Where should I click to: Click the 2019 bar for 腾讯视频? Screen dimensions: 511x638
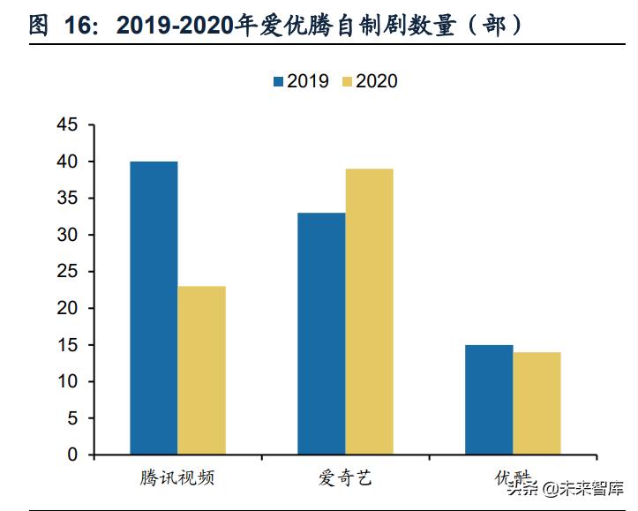point(154,308)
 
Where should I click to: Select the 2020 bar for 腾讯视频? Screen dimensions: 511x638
point(201,371)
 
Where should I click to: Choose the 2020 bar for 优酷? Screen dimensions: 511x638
point(537,403)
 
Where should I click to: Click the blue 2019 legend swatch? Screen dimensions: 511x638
point(278,81)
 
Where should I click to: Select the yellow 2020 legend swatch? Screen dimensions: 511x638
point(346,81)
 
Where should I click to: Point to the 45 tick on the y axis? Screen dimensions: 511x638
point(67,125)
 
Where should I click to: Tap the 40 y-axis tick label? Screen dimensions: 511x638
point(67,162)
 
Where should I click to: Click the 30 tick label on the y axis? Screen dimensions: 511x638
point(67,236)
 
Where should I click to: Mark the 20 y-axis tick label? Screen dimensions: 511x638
point(67,309)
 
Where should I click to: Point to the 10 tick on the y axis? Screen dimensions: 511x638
point(67,382)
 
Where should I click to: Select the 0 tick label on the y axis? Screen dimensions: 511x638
point(72,455)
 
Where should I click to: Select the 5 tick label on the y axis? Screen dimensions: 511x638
point(72,418)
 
